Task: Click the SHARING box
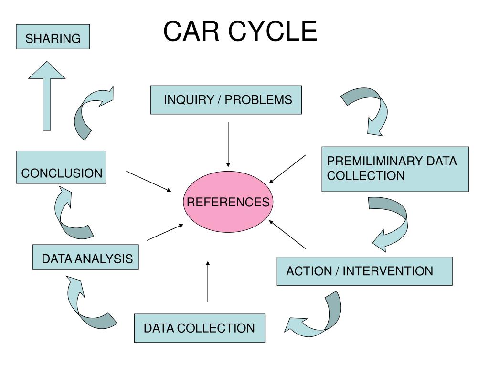point(53,37)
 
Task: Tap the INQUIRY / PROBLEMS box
point(226,100)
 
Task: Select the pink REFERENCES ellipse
point(228,202)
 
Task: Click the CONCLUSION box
point(61,167)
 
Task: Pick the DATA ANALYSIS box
point(85,257)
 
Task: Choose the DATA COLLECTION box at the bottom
point(200,328)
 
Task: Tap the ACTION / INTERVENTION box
point(364,271)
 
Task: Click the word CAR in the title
point(191,31)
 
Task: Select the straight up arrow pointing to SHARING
point(47,96)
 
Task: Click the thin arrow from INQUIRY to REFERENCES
point(228,144)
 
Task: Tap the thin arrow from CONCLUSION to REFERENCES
point(149,181)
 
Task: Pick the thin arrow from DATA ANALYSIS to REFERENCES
point(165,232)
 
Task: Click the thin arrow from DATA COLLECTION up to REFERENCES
point(208,281)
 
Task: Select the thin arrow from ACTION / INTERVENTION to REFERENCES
point(287,234)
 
